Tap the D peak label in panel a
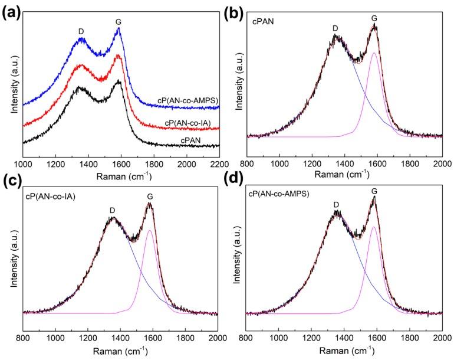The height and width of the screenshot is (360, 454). click(x=81, y=31)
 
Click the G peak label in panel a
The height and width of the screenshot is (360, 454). click(x=118, y=22)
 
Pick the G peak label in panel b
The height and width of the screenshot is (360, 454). click(x=374, y=18)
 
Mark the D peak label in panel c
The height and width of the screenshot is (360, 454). click(x=112, y=210)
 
